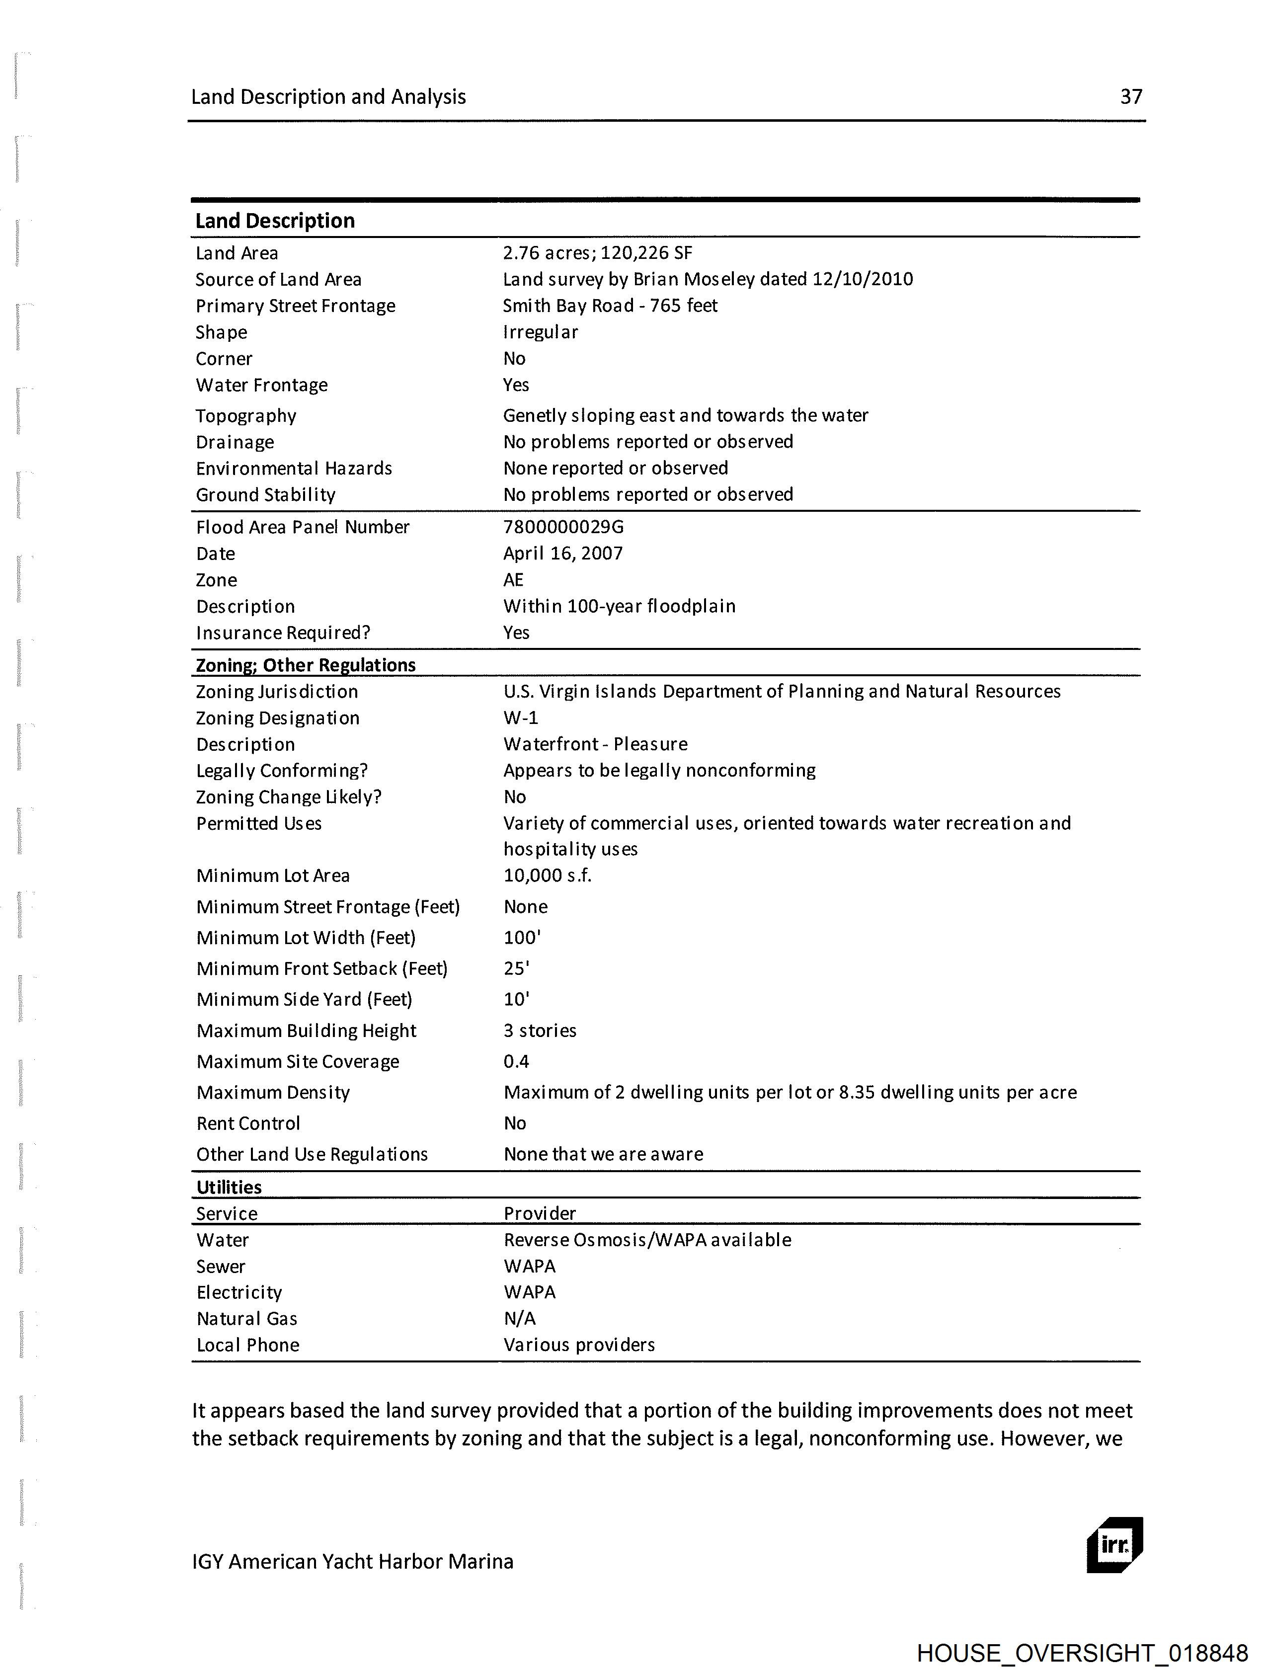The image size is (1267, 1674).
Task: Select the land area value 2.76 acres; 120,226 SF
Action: click(x=597, y=253)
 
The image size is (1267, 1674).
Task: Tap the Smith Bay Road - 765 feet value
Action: click(x=610, y=306)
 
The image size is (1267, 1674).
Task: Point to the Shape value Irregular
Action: click(x=541, y=332)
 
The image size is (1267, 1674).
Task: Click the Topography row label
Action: click(x=246, y=415)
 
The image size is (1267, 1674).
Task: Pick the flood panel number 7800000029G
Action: click(x=563, y=527)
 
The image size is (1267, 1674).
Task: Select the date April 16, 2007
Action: click(x=562, y=553)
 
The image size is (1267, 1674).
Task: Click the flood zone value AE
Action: click(x=513, y=580)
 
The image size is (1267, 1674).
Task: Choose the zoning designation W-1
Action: click(x=521, y=717)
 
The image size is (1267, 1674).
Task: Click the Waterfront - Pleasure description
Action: click(x=595, y=744)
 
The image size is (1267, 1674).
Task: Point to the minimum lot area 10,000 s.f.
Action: click(x=547, y=876)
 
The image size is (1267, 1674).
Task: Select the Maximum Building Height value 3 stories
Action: click(x=540, y=1031)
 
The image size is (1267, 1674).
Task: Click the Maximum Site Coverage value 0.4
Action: click(x=516, y=1062)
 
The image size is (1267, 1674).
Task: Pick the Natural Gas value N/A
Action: click(x=519, y=1318)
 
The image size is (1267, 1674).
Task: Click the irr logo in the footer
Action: click(x=1114, y=1545)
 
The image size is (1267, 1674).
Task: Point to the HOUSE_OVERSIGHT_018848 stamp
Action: click(x=1082, y=1653)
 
